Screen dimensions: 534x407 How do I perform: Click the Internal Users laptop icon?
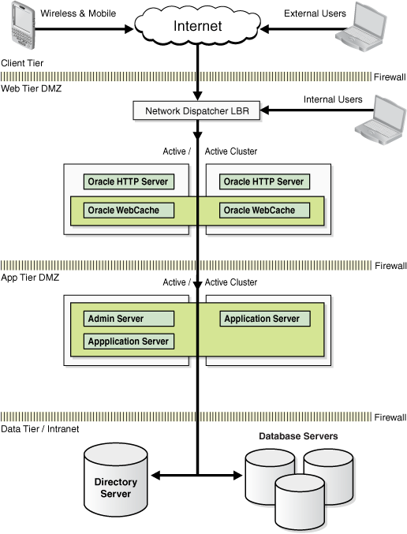tap(383, 117)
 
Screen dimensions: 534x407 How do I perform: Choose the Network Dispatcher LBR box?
tap(196, 111)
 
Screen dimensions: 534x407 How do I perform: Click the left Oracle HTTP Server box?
tap(129, 181)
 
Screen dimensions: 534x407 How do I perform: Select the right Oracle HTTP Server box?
tap(263, 181)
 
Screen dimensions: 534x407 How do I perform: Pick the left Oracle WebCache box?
tap(129, 210)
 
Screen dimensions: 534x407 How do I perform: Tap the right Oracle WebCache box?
tap(263, 210)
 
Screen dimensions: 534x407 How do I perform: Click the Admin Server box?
tap(129, 319)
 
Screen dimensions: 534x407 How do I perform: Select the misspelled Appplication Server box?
tap(129, 342)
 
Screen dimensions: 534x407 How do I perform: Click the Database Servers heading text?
tap(298, 436)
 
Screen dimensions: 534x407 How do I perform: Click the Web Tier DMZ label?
tap(31, 88)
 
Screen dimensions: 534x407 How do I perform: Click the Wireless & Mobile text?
tap(78, 13)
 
